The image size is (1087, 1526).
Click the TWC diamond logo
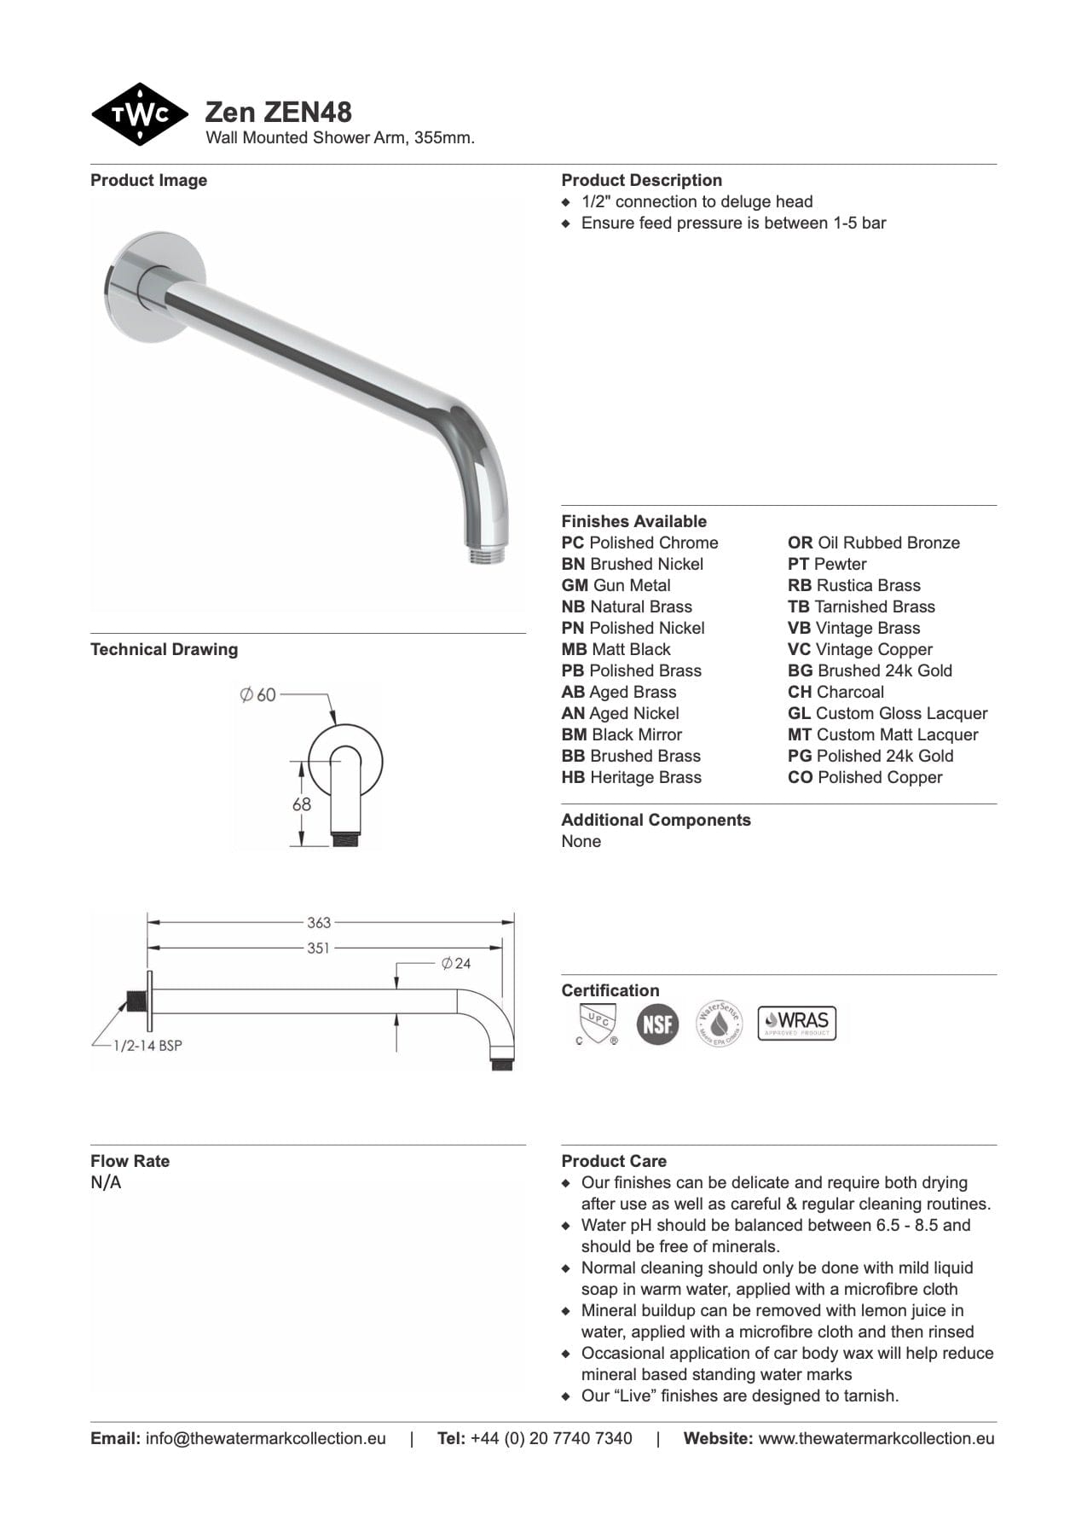pyautogui.click(x=139, y=114)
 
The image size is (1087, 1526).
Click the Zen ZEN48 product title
pyautogui.click(x=278, y=112)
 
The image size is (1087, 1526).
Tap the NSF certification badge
pyautogui.click(x=657, y=1023)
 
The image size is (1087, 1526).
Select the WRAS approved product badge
pyautogui.click(x=797, y=1022)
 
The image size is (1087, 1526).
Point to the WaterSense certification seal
pyautogui.click(x=720, y=1023)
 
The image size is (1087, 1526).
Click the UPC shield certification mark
pyautogui.click(x=597, y=1023)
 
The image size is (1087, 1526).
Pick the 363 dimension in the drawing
pyautogui.click(x=319, y=922)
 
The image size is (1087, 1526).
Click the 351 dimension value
pyautogui.click(x=318, y=948)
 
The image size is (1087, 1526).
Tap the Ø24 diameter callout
pyautogui.click(x=456, y=963)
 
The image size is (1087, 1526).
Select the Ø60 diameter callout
pyautogui.click(x=257, y=695)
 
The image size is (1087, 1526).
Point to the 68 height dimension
pyautogui.click(x=302, y=804)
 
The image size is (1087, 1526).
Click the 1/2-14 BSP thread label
pyautogui.click(x=147, y=1046)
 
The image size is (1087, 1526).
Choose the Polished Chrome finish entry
pyautogui.click(x=639, y=543)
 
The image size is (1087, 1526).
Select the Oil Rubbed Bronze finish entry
pyautogui.click(x=873, y=543)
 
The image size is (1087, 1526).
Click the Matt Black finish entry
pyautogui.click(x=616, y=649)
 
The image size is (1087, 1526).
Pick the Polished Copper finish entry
pyautogui.click(x=864, y=777)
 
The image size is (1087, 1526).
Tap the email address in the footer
pyautogui.click(x=265, y=1438)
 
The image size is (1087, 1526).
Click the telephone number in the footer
pyautogui.click(x=551, y=1438)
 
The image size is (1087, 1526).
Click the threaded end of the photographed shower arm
pyautogui.click(x=487, y=554)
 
